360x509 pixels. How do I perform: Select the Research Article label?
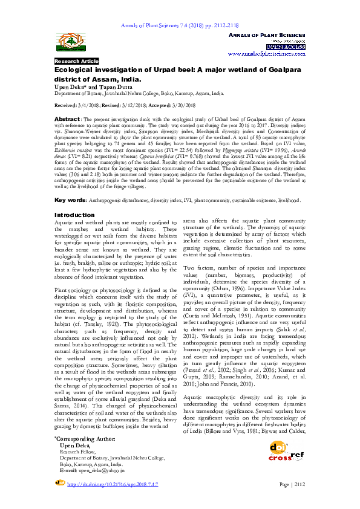[x=77, y=62]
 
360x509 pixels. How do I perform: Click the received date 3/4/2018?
[x=97, y=105]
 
